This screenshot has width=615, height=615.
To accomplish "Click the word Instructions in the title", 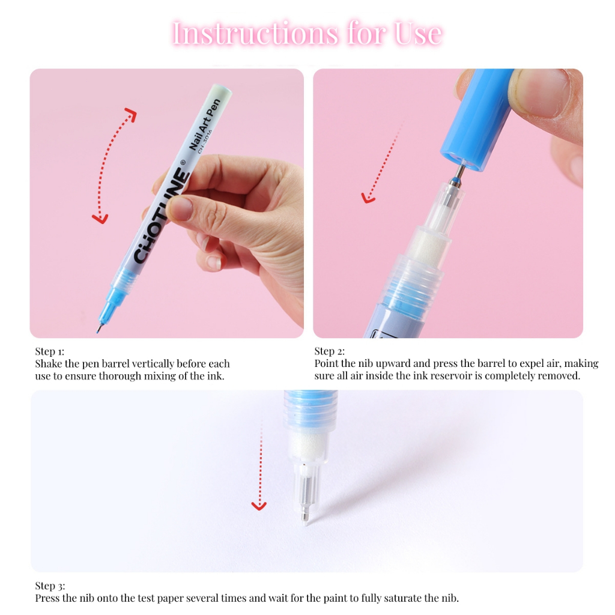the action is pyautogui.click(x=255, y=34).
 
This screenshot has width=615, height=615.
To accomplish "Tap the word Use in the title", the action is pyautogui.click(x=418, y=34).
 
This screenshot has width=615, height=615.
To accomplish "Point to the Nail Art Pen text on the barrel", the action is pyautogui.click(x=205, y=124).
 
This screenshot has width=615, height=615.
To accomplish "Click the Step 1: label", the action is pyautogui.click(x=49, y=351).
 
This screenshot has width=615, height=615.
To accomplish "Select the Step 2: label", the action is pyautogui.click(x=330, y=351).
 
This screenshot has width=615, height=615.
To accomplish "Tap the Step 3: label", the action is pyautogui.click(x=50, y=586).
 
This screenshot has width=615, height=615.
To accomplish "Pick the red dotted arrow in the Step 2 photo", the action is pyautogui.click(x=383, y=161).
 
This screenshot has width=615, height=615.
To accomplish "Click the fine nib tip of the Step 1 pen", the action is pyautogui.click(x=98, y=330).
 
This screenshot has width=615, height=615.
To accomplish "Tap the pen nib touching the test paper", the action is pyautogui.click(x=306, y=517).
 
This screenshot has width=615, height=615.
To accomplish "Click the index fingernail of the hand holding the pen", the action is pyautogui.click(x=180, y=207).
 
